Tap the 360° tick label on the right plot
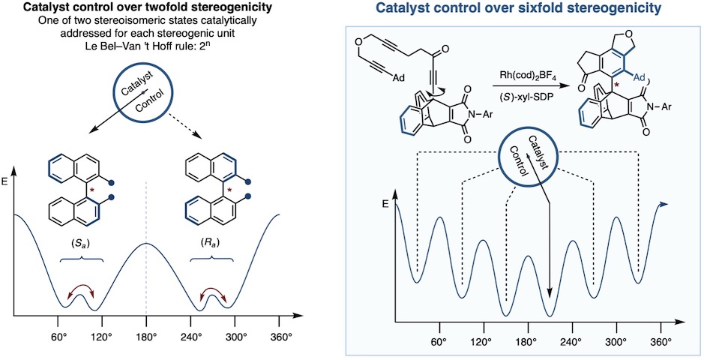pyautogui.click(x=661, y=342)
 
